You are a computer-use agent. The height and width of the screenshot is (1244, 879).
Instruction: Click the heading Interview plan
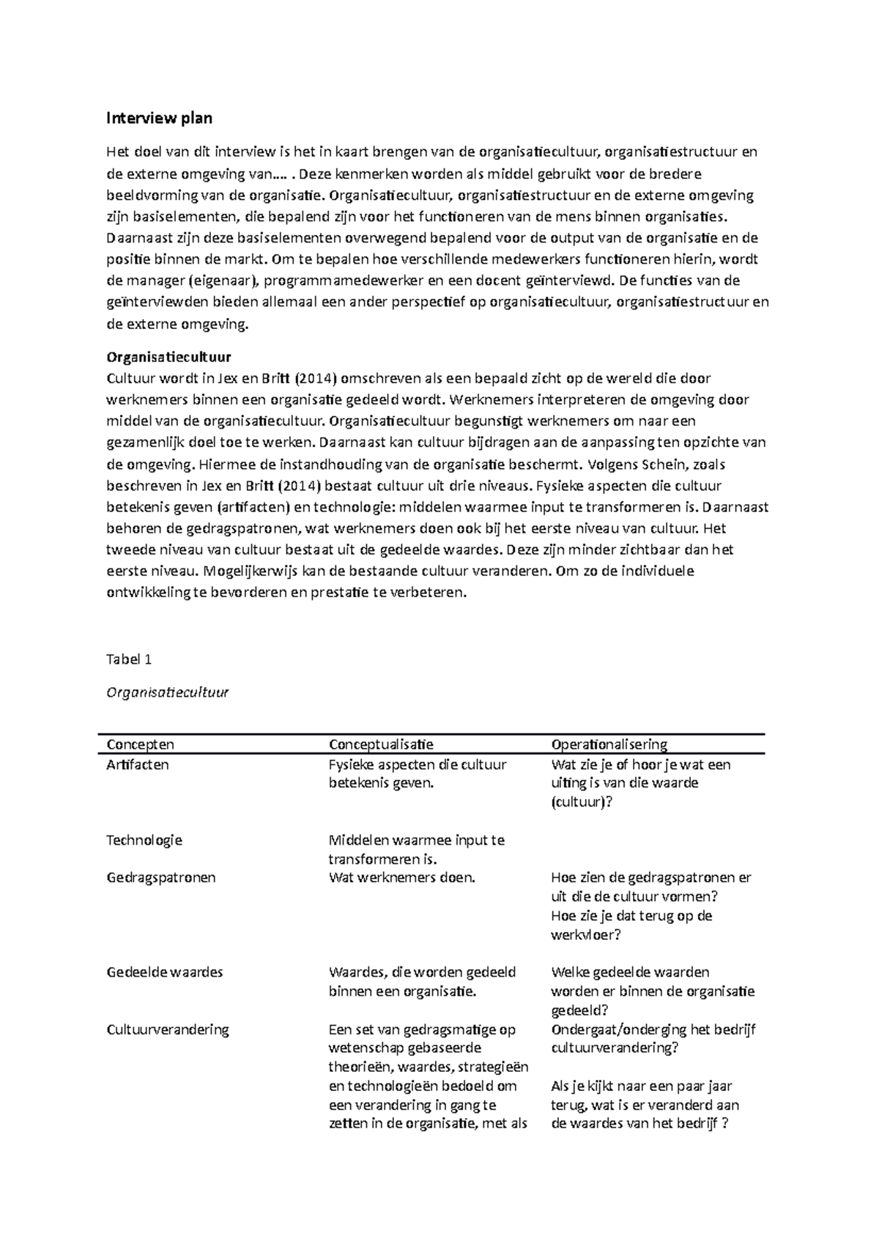pos(160,117)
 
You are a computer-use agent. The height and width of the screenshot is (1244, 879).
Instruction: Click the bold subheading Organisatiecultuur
pos(168,358)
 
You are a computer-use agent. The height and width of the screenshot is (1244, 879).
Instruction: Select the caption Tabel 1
pos(129,659)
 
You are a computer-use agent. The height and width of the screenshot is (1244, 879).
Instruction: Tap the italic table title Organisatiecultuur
pos(168,692)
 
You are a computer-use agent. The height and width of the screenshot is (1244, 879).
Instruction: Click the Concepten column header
pos(140,744)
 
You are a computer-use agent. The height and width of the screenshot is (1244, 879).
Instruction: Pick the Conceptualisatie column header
pos(381,744)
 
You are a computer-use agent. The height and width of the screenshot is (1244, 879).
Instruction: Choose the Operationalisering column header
pos(609,744)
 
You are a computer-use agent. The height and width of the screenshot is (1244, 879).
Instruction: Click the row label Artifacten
pos(138,764)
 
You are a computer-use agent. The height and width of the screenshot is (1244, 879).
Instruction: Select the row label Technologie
pos(144,840)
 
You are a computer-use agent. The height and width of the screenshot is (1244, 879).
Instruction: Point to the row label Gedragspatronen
pos(161,878)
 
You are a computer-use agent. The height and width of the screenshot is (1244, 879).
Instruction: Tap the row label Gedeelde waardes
pos(165,972)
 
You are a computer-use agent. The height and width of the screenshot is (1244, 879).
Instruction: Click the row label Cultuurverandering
pos(168,1029)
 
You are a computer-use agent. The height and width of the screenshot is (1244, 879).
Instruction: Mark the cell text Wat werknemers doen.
pos(402,878)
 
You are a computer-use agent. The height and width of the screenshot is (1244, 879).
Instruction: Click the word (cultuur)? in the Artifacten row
pos(582,801)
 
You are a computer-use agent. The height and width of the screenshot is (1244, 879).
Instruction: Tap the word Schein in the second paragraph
pos(666,464)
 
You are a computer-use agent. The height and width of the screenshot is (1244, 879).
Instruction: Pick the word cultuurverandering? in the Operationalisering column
pos(615,1048)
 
